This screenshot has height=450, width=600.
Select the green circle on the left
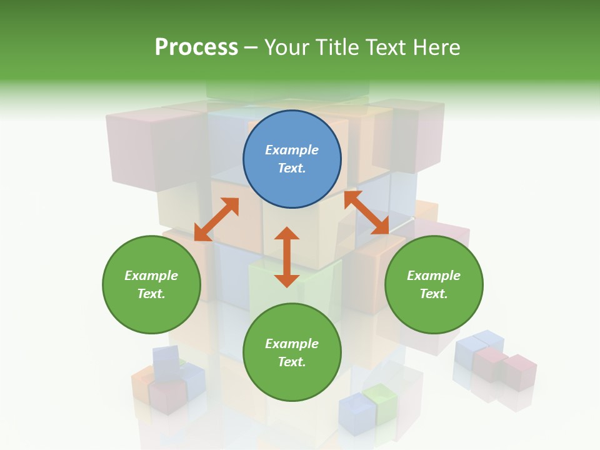coord(151,284)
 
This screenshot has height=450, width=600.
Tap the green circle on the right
coord(434,284)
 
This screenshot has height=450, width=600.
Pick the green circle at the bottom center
coord(292,352)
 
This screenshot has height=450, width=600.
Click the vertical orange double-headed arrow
coord(287,257)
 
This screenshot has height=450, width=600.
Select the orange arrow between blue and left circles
coord(216,219)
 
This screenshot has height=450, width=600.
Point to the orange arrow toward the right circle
coord(367,212)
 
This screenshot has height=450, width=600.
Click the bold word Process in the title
coord(196,47)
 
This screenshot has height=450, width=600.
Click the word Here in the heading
coord(437,47)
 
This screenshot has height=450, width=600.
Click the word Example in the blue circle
coord(292,150)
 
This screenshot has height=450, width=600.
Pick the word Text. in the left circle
coord(151,294)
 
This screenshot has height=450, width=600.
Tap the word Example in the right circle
coord(434,276)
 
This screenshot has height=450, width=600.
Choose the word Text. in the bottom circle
coord(292,362)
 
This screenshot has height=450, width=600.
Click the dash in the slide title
coord(251,47)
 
